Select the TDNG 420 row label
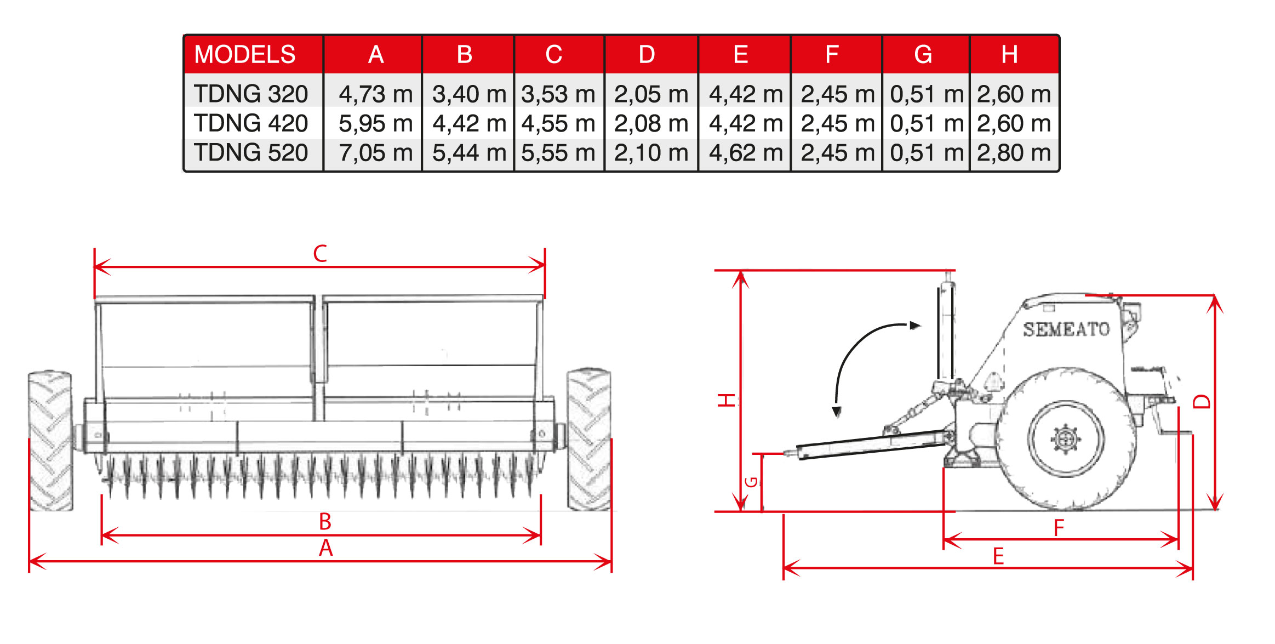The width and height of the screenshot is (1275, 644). point(251,123)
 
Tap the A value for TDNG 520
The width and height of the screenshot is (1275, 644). point(375,153)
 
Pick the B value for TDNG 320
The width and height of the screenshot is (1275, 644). point(469,94)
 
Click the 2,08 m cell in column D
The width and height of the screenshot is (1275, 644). point(651,123)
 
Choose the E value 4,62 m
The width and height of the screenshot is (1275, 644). point(746,153)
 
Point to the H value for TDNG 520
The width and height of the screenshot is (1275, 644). point(1014,153)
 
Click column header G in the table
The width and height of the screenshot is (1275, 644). point(923,54)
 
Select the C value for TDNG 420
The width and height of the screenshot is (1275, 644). point(558,123)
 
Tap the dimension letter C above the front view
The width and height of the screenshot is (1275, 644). point(320,254)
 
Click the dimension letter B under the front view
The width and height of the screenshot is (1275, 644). point(325,522)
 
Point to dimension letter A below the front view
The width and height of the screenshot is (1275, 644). point(326,548)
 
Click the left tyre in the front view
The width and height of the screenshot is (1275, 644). point(50,441)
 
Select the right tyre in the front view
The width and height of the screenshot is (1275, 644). point(589,440)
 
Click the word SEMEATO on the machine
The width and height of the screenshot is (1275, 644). point(1066,329)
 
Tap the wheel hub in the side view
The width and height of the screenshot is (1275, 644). point(1066,438)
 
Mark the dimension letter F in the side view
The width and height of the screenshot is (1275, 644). point(1059,528)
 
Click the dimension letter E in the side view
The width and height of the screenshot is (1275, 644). point(998,556)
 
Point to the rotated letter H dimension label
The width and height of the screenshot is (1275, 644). point(727,400)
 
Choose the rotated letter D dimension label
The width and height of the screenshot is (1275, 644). point(1202,402)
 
